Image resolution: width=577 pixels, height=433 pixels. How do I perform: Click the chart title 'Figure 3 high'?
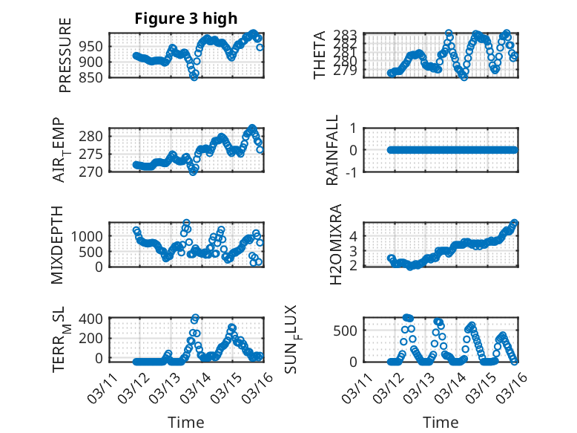point(185,19)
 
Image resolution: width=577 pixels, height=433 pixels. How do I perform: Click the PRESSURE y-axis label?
point(65,59)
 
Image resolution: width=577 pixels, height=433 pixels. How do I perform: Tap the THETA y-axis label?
point(320,55)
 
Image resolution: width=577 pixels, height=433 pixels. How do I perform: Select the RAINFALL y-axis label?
point(333,150)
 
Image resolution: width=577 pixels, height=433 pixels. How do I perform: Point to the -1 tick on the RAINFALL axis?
point(352,172)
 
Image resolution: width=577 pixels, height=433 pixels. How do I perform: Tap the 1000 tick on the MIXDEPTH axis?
point(89,235)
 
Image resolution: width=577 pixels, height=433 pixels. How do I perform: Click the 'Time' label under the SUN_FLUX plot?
point(441,423)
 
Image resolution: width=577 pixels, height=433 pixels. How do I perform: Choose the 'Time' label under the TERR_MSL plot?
point(185,423)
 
